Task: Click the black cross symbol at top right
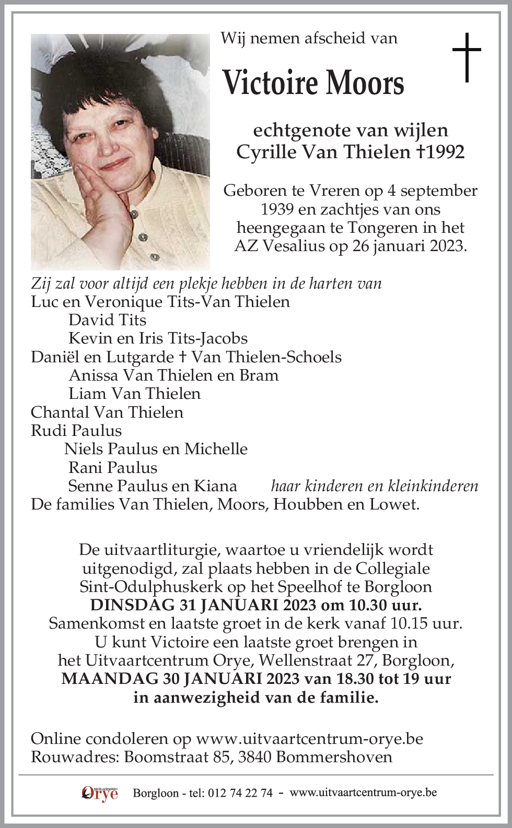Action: (x=466, y=57)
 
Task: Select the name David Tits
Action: (x=107, y=320)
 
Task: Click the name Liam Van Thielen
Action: (x=134, y=393)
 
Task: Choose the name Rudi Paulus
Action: (x=76, y=430)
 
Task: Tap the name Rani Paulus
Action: (x=112, y=467)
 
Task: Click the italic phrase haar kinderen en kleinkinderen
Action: (x=374, y=486)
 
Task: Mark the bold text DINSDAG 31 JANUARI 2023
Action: (x=203, y=605)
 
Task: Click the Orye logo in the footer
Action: (x=100, y=793)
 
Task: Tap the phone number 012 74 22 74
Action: (x=240, y=793)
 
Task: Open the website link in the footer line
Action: (x=363, y=792)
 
